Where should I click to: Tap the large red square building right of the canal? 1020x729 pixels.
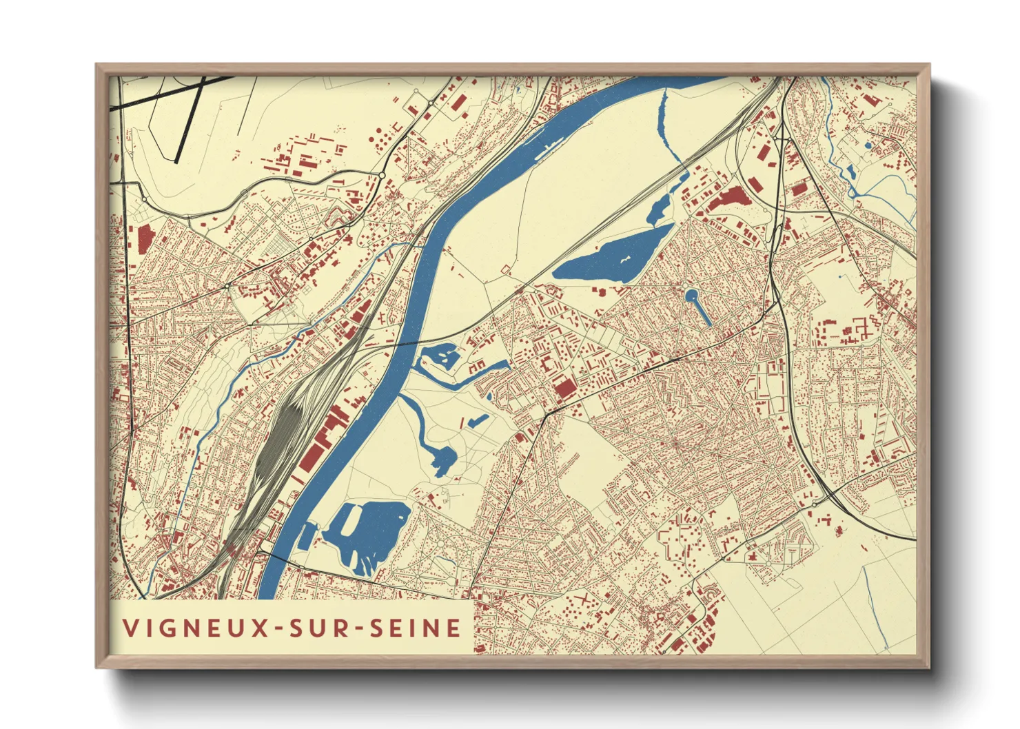pos(564,389)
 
